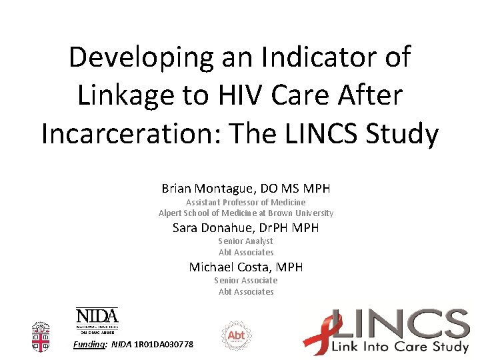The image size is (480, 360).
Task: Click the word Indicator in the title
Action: [x=313, y=57]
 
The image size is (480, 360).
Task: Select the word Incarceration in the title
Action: [x=131, y=133]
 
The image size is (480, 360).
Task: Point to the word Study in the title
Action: [x=401, y=133]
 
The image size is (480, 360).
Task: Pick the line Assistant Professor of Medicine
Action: [x=246, y=202]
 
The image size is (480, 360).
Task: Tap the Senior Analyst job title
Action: [x=246, y=241]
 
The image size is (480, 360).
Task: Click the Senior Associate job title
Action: [x=246, y=281]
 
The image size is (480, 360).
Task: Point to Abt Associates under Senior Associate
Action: [x=246, y=291]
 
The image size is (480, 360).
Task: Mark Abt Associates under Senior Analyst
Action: [x=246, y=253]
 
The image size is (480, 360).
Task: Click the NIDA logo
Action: [x=97, y=318]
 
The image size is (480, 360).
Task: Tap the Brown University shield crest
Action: [x=41, y=337]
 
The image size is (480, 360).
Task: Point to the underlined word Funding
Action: [x=89, y=344]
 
